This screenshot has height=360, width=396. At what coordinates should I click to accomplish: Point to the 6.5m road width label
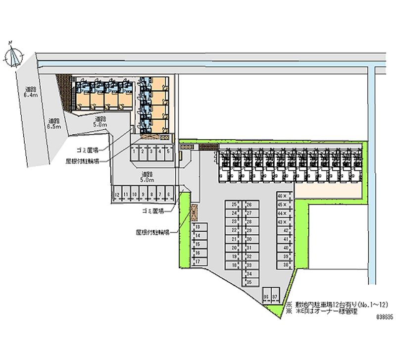(x=53, y=123)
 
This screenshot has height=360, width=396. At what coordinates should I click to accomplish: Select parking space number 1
(x=135, y=153)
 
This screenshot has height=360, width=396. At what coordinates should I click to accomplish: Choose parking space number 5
(x=168, y=153)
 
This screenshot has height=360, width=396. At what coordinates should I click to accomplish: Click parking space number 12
(x=117, y=194)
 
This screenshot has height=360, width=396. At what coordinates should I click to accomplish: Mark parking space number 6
(x=169, y=194)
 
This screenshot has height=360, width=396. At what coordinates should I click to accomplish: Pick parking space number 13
(x=197, y=227)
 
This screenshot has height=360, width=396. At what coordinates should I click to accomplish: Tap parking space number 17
(x=197, y=261)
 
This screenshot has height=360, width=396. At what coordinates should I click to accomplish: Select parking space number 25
(x=234, y=205)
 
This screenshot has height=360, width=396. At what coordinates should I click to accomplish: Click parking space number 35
(x=249, y=282)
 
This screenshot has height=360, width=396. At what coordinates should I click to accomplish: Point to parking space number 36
(x=266, y=297)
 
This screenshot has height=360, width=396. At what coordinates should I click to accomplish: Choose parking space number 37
(x=275, y=297)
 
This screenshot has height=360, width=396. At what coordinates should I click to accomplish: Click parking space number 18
(x=234, y=265)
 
